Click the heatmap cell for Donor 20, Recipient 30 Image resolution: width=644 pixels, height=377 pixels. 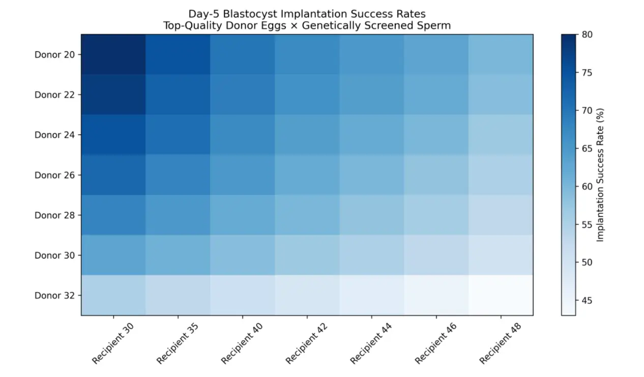point(113,54)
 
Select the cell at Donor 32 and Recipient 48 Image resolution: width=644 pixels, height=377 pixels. point(501,295)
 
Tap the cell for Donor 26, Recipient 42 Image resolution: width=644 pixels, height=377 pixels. point(307,175)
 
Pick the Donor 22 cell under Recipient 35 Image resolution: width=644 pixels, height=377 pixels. point(178,95)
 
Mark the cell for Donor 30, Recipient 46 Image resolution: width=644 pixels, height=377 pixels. point(436,255)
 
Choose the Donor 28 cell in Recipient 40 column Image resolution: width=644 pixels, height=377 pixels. point(243,215)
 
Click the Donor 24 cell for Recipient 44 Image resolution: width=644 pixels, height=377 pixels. point(371,134)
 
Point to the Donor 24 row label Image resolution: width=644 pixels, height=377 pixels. point(54,135)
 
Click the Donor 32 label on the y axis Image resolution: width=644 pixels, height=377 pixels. point(54,296)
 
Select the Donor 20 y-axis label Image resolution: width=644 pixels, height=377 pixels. point(54,54)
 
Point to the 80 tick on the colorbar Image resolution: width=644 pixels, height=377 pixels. point(587,35)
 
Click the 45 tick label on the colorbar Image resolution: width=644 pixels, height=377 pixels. point(587,301)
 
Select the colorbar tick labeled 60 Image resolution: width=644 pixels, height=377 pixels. point(587,187)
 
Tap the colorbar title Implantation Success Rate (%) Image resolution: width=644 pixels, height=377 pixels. point(601,175)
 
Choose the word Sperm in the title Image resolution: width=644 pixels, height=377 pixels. point(436,25)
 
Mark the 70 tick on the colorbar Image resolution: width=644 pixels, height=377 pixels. point(587,110)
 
